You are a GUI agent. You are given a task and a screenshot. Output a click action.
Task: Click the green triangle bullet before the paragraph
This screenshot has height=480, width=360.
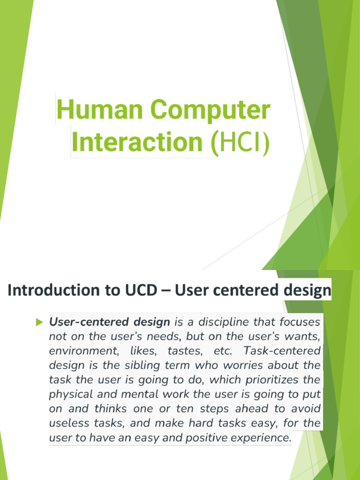pyautogui.click(x=39, y=322)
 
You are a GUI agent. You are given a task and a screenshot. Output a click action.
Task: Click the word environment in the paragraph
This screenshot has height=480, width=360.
pyautogui.click(x=77, y=351)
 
